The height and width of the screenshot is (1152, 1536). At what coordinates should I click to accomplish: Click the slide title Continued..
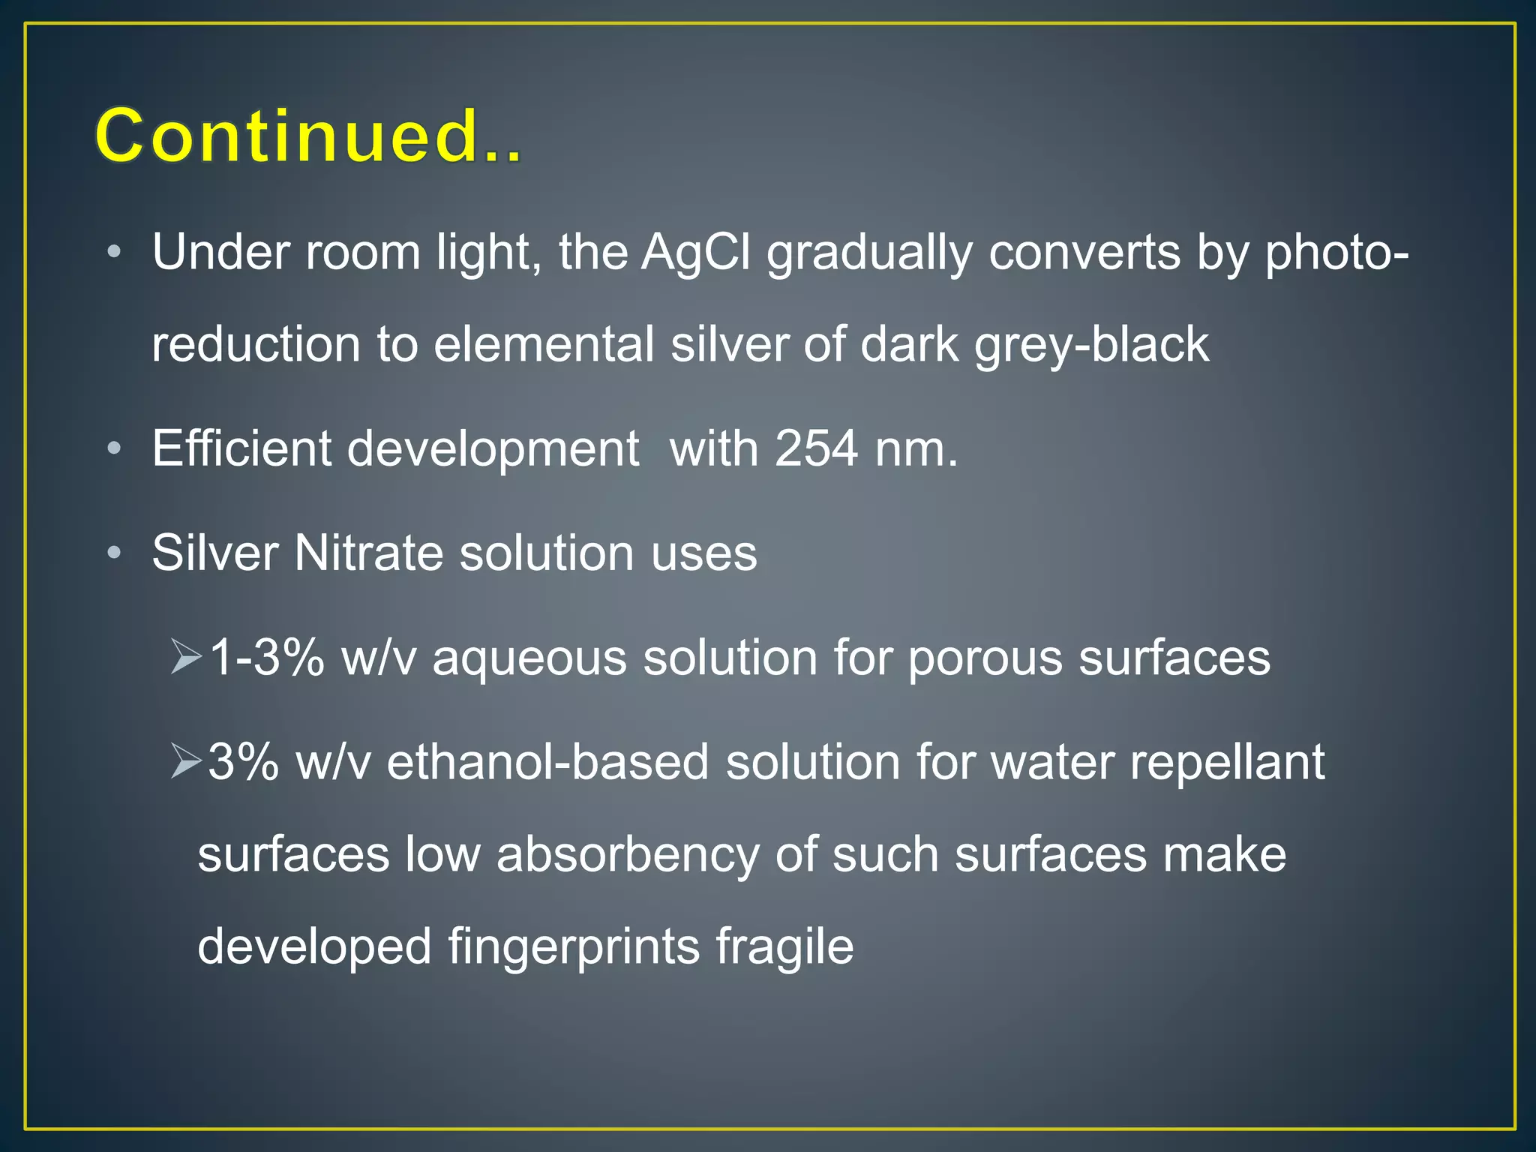307,136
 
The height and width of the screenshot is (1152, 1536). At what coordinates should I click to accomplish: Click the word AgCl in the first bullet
695,252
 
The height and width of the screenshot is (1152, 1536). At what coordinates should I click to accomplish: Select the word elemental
544,344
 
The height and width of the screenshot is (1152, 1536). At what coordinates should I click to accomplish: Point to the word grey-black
1091,346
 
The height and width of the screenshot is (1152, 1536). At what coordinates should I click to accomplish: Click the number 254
816,448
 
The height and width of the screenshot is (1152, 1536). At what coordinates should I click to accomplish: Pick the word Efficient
241,448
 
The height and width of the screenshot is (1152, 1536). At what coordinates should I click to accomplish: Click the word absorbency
627,855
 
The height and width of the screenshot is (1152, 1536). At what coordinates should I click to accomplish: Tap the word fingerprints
574,946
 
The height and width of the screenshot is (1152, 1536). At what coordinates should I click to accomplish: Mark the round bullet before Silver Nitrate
114,553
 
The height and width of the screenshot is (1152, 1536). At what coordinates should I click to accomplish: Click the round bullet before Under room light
114,252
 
